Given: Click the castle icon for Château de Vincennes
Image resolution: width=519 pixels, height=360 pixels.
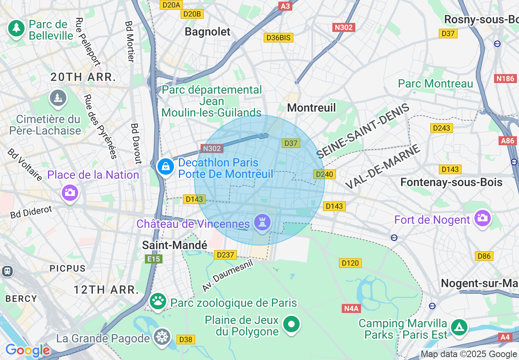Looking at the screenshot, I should (x=262, y=223).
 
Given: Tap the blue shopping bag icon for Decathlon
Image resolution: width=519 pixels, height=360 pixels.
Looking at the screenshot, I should (x=166, y=167).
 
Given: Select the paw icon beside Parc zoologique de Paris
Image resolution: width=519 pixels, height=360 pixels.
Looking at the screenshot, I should (x=157, y=301).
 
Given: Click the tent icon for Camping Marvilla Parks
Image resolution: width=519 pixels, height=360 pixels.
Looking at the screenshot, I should (x=459, y=327).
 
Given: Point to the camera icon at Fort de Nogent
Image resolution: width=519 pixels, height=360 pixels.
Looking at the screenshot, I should (x=482, y=218).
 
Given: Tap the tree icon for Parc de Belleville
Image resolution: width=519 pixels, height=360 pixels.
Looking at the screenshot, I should (x=16, y=28).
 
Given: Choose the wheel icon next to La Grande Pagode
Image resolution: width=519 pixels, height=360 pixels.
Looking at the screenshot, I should (x=162, y=337).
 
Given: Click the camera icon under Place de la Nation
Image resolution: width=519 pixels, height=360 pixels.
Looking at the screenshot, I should (x=70, y=192).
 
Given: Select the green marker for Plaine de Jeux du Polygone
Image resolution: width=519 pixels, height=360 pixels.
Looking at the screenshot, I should (x=291, y=325).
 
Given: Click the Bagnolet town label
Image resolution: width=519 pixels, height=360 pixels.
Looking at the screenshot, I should (x=208, y=32).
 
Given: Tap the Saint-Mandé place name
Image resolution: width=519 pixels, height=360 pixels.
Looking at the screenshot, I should (x=175, y=245).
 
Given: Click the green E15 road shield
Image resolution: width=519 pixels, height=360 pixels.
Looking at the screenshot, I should (x=154, y=259).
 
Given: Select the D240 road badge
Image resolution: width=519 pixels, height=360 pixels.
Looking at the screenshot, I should (x=325, y=174).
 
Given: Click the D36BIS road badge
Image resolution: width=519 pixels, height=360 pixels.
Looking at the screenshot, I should (x=278, y=38).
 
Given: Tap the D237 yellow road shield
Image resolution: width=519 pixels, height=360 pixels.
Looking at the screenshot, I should (x=225, y=255).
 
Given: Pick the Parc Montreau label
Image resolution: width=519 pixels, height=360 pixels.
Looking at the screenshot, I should (x=436, y=84).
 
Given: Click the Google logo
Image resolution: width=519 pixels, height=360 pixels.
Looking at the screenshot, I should (x=27, y=350).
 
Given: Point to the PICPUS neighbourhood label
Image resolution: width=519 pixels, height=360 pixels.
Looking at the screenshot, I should (x=68, y=269).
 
